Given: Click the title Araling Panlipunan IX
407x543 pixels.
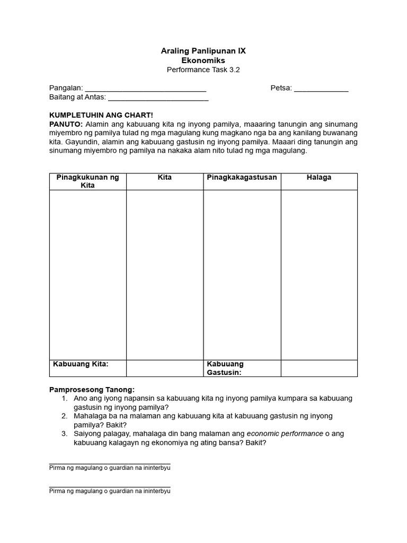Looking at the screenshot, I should [x=203, y=51].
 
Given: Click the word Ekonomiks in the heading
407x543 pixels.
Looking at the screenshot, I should [x=203, y=60].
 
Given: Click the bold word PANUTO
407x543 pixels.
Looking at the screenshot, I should [x=65, y=124].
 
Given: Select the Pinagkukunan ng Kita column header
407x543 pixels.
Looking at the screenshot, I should [x=87, y=181].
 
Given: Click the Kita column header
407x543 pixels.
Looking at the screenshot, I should [x=165, y=178].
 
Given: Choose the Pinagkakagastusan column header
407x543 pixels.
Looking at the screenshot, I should [x=242, y=178].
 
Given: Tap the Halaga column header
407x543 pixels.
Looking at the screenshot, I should [x=319, y=178].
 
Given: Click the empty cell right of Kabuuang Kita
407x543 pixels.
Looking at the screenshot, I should [x=165, y=368].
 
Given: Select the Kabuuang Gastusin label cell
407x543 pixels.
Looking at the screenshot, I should [x=242, y=368].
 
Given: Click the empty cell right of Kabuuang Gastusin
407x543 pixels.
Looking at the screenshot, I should [x=319, y=368].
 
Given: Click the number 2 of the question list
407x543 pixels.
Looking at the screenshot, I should [x=64, y=416].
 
